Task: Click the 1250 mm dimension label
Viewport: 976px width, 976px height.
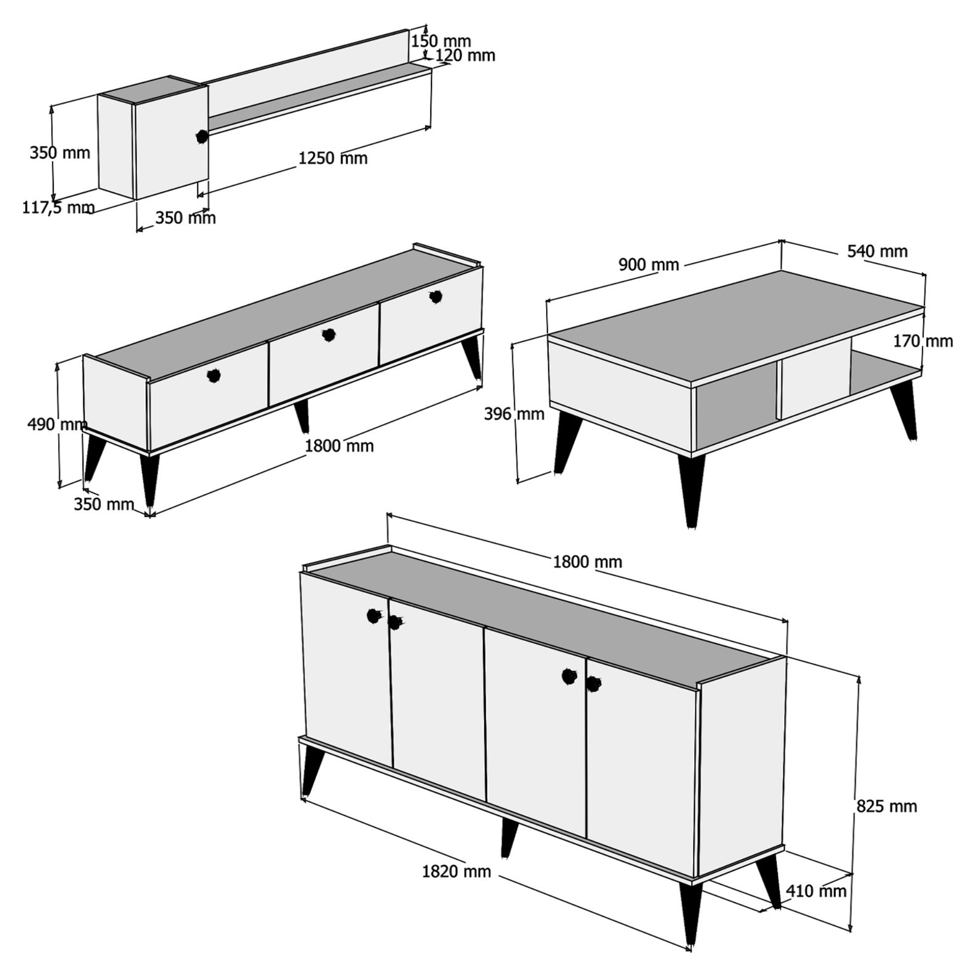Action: (x=333, y=158)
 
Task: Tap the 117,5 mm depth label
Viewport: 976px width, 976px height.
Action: (x=58, y=207)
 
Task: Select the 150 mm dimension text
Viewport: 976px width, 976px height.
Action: (x=441, y=41)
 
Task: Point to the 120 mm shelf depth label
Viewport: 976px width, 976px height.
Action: (x=465, y=56)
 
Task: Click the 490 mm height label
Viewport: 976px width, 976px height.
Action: (x=57, y=425)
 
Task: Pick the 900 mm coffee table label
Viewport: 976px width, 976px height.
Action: (x=649, y=264)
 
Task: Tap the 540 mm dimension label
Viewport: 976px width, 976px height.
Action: (x=877, y=251)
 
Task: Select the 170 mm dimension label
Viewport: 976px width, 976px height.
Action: (x=923, y=342)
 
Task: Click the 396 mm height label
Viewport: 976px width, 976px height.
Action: (x=514, y=414)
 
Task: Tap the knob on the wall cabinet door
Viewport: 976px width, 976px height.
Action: (x=202, y=137)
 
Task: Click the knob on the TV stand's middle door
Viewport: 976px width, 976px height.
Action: (x=328, y=334)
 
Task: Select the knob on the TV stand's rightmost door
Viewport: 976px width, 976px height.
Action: (x=435, y=297)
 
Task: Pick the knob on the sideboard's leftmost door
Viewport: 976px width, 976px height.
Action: (x=373, y=616)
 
